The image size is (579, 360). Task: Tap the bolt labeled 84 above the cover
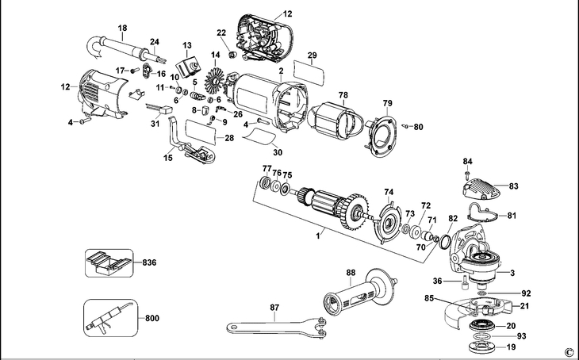point(468,173)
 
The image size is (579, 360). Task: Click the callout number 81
point(512,216)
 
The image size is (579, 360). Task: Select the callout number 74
point(389,192)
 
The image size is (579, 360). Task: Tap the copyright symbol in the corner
point(568,351)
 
